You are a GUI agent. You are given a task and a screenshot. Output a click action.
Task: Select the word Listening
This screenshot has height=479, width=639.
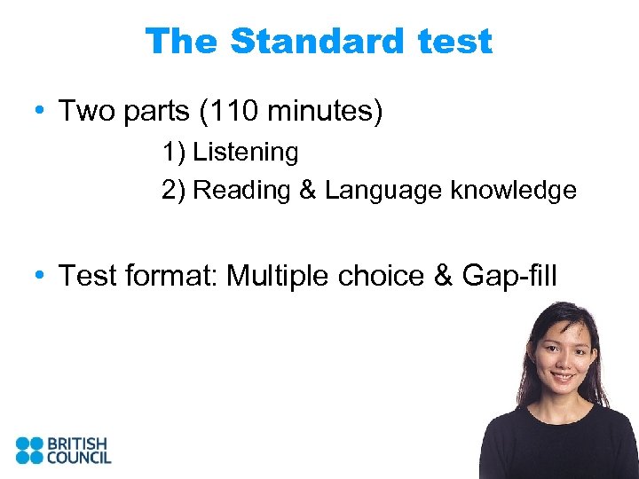[x=246, y=153]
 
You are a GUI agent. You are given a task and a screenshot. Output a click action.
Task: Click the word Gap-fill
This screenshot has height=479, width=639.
[x=509, y=276]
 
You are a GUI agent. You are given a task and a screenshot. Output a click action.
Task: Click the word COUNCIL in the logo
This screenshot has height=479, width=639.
[x=80, y=458]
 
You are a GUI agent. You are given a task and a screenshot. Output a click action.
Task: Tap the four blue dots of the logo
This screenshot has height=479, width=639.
[x=29, y=450]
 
